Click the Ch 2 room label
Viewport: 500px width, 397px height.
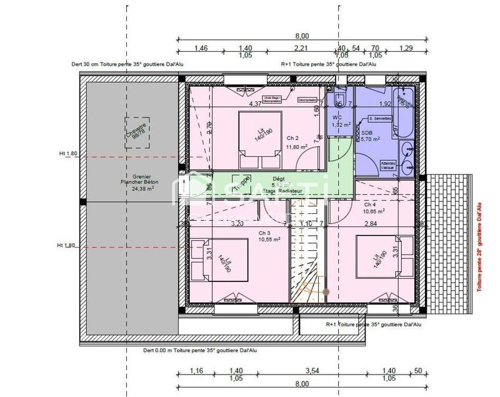coord(292,138)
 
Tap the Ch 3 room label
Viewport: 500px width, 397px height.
coord(266,231)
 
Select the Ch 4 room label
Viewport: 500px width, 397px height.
coord(370,204)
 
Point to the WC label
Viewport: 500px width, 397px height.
coord(337,118)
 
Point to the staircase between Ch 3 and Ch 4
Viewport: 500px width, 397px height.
coord(307,263)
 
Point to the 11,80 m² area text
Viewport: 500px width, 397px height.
coord(296,147)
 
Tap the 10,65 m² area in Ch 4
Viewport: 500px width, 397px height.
coord(373,211)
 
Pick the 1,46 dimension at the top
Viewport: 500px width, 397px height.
coord(201,48)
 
